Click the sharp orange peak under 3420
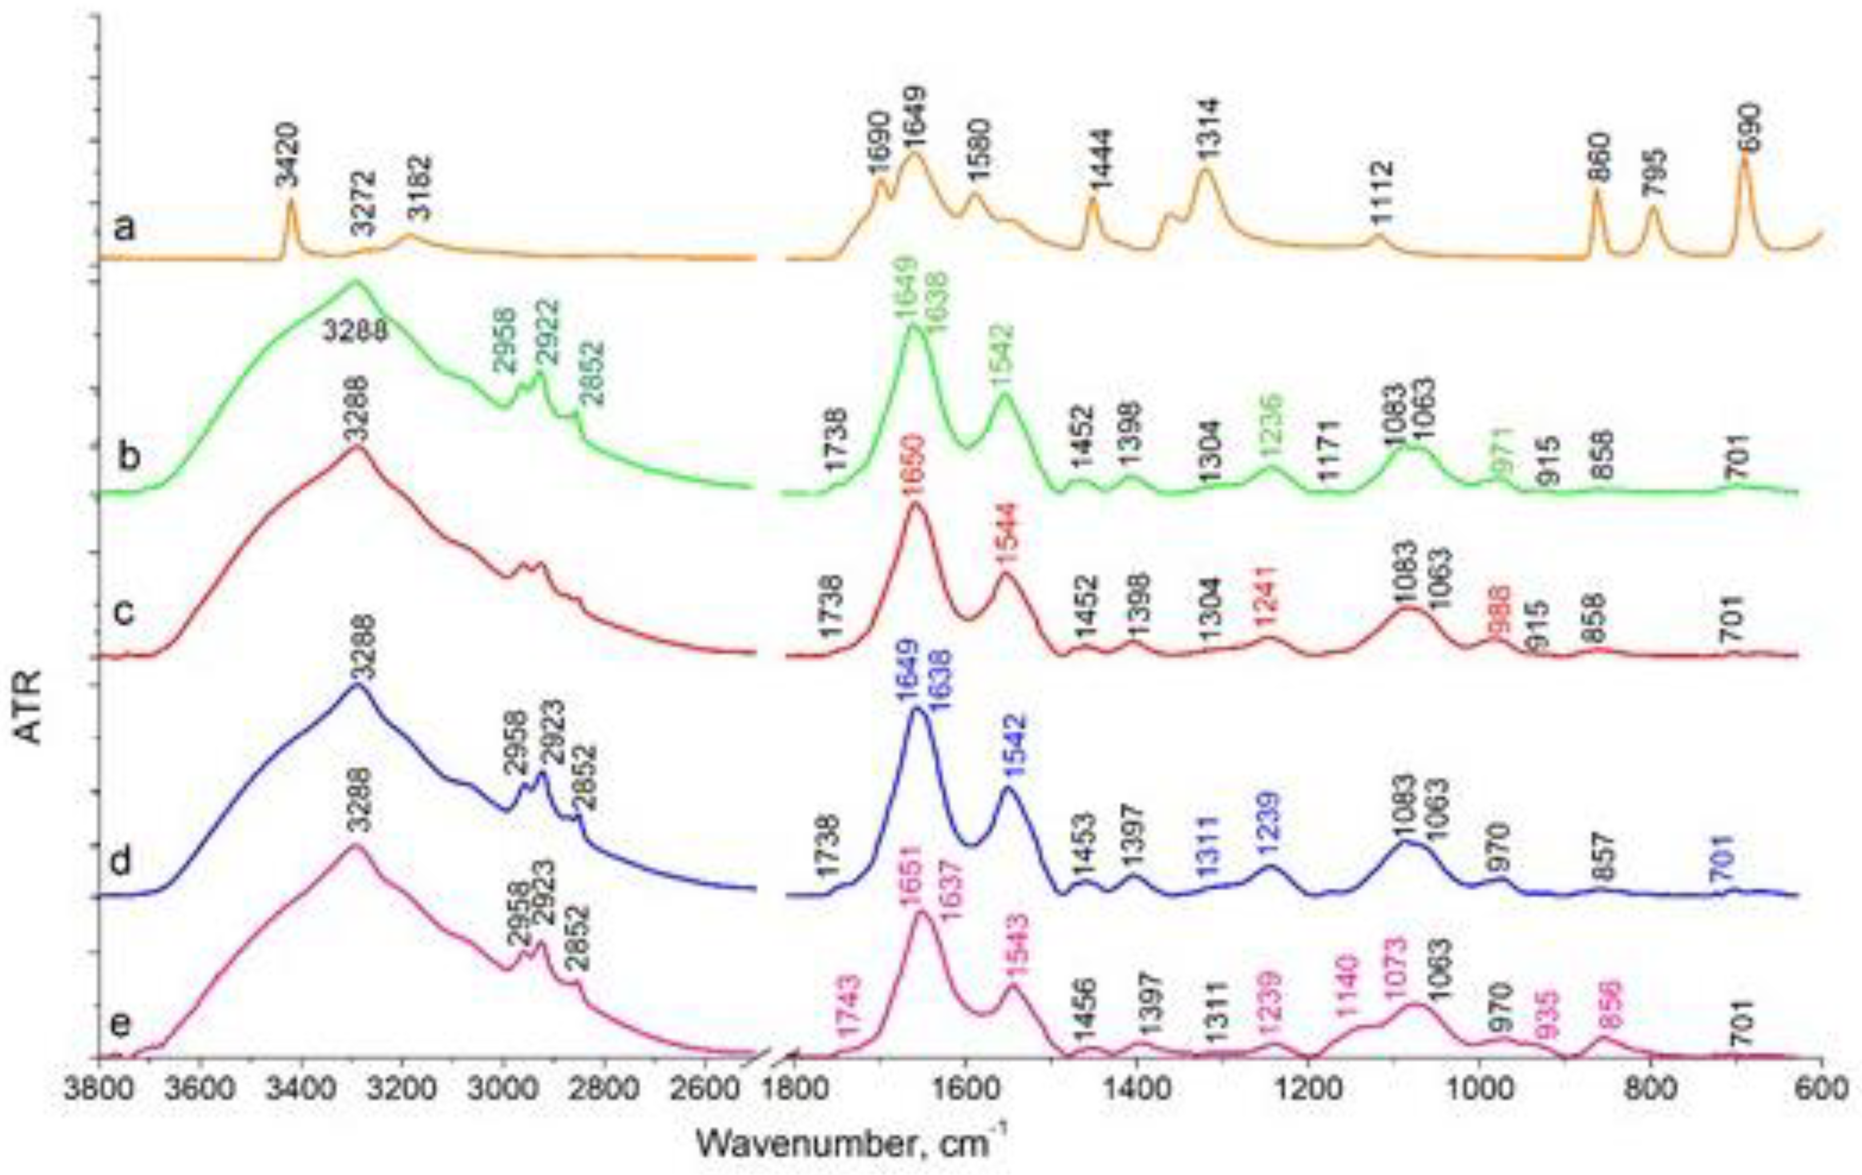pyautogui.click(x=292, y=203)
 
